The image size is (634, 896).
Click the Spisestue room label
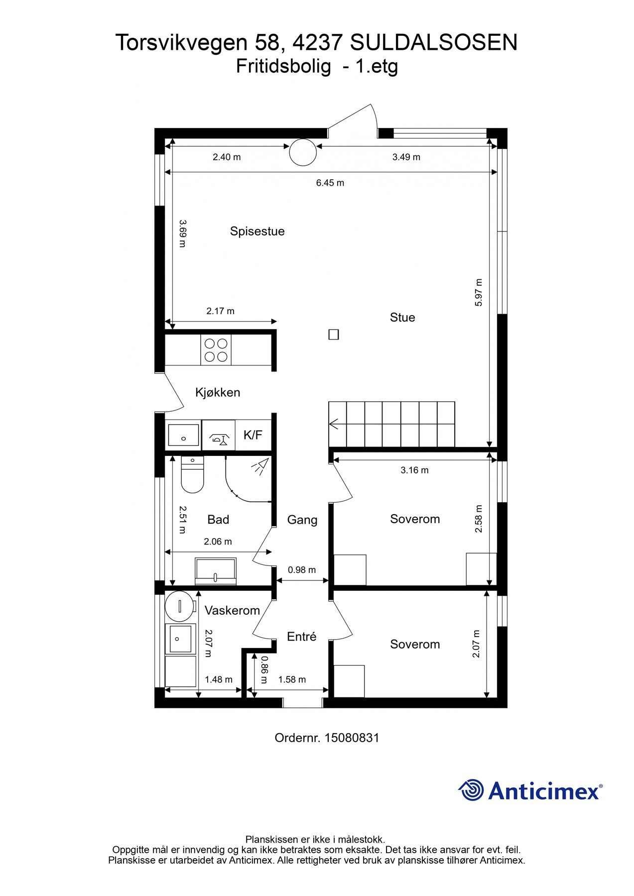point(257,231)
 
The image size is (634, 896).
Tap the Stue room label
point(402,318)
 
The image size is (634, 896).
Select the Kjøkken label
point(218,393)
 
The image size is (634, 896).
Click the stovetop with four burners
point(216,350)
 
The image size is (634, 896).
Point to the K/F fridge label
point(253,435)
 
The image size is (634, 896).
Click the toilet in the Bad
point(192,475)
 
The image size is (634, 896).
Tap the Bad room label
point(218,520)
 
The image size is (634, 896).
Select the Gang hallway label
point(302,521)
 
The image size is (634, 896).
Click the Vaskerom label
point(232,611)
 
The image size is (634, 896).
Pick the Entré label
point(302,637)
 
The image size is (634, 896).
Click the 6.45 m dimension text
point(330,183)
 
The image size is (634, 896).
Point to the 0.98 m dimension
point(302,570)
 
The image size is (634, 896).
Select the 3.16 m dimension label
point(414,470)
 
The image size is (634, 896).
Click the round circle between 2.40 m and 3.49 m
point(303,152)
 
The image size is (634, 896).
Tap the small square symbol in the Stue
point(334,335)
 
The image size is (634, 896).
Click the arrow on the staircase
point(334,425)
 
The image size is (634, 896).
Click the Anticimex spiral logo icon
point(471,790)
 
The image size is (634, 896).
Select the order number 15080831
point(352,738)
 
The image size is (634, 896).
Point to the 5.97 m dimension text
point(479,293)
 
